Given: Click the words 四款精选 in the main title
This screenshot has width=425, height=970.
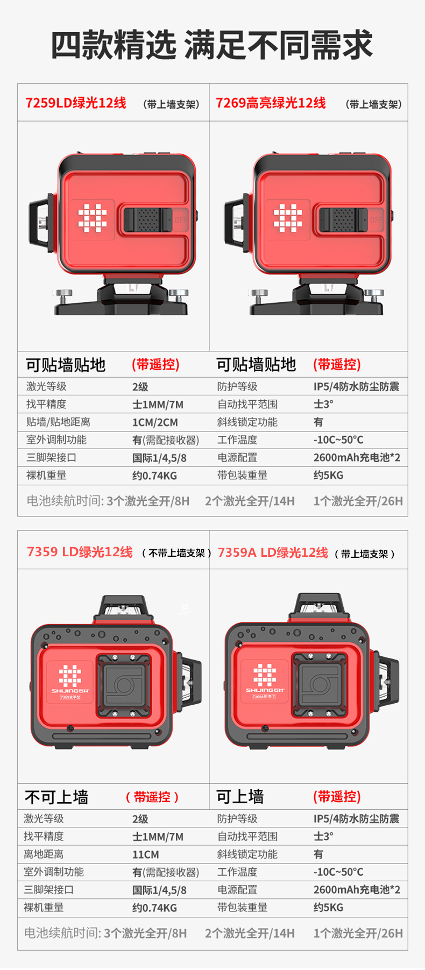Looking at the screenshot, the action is point(114,45).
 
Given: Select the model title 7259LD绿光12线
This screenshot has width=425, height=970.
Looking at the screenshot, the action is point(76,103).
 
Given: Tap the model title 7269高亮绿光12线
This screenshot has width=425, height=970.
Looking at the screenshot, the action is point(271,103).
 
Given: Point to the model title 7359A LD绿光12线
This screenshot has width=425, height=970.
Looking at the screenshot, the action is point(273,553).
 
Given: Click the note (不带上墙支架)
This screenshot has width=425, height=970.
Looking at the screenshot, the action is point(176,553).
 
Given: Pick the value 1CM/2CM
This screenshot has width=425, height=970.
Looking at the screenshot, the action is point(155,422).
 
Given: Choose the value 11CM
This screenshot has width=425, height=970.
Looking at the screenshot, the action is point(146,854).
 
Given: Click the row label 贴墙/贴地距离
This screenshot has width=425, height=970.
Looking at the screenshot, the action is point(58,422).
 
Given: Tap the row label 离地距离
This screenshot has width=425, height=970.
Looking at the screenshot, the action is point(44,854).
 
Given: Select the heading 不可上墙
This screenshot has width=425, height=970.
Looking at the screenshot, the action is point(56,797).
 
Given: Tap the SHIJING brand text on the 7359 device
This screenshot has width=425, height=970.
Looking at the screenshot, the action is point(70,691).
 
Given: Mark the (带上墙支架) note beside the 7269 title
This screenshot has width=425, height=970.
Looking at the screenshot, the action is point(373,104).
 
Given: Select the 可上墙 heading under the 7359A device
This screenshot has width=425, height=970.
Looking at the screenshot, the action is point(240,796).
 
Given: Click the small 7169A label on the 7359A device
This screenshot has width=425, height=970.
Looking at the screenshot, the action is point(265,697).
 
